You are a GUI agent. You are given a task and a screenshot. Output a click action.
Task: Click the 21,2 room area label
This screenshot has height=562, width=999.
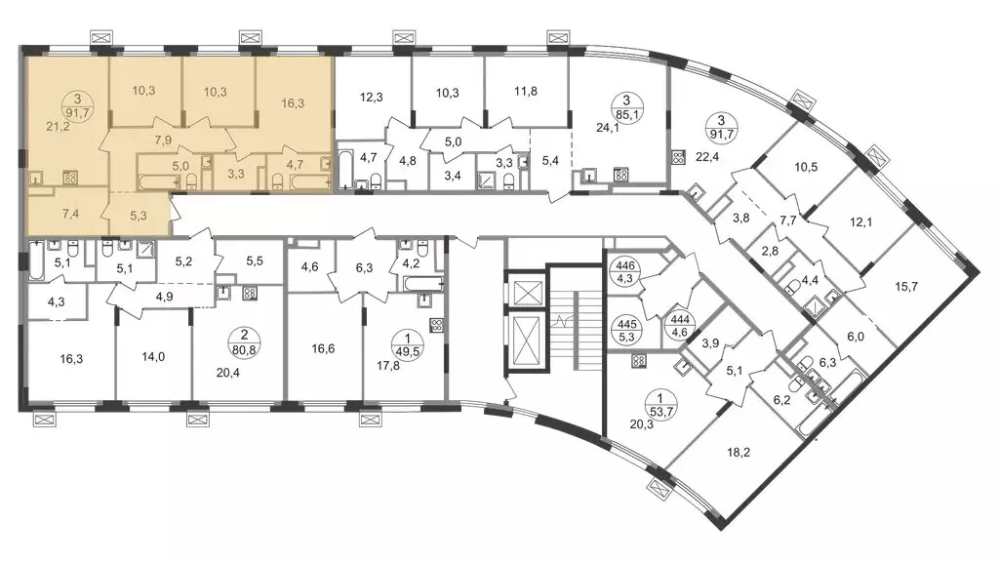[x=58, y=126]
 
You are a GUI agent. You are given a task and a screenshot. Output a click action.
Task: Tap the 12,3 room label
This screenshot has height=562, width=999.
[x=372, y=98]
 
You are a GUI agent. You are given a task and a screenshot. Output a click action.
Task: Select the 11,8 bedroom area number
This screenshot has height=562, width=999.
[x=526, y=91]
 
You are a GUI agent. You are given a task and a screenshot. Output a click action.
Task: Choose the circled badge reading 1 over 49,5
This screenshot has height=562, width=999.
[x=408, y=344]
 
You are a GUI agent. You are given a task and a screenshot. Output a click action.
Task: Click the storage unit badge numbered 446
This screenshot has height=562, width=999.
[x=625, y=271]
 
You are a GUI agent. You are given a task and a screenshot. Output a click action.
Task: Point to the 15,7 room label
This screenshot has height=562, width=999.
[x=906, y=287]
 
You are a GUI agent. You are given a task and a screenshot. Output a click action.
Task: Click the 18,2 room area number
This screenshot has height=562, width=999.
[x=739, y=453]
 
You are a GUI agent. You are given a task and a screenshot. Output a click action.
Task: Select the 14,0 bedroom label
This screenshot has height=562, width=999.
[x=153, y=357]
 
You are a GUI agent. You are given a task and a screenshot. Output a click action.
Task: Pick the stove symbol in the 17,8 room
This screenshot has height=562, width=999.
[x=436, y=326]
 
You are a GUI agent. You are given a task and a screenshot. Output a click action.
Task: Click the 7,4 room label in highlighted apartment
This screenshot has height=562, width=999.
[x=70, y=214]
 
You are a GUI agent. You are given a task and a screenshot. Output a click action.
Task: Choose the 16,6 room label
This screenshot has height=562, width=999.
[x=323, y=348]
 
